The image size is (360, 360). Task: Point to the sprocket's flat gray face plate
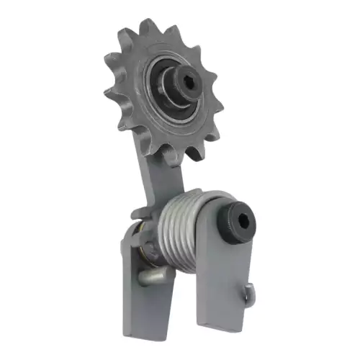(x=130, y=108)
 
